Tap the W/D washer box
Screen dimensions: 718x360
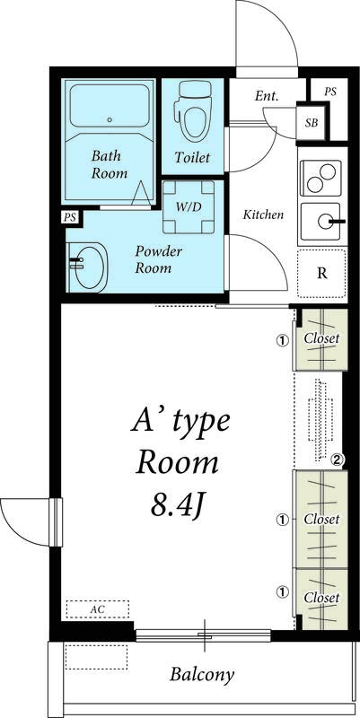[x=188, y=207]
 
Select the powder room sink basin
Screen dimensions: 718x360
[x=88, y=267]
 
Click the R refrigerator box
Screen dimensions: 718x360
[x=320, y=273]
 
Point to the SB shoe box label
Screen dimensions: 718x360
[x=311, y=122]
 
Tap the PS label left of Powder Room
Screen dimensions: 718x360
[x=69, y=218]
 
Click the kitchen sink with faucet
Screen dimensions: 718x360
[x=321, y=221]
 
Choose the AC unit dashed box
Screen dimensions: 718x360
[x=97, y=609]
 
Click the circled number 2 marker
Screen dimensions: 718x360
[x=338, y=460]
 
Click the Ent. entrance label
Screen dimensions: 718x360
[x=266, y=95]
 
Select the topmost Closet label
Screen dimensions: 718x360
[x=320, y=338]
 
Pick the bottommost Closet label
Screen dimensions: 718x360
[x=320, y=598]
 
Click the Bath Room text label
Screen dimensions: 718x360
[x=110, y=163]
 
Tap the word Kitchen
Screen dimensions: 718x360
[x=264, y=215]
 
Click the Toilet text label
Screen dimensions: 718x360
[x=192, y=158]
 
